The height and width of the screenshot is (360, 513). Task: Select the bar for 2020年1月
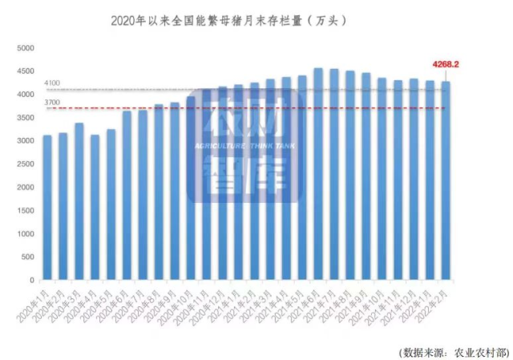click(x=47, y=208)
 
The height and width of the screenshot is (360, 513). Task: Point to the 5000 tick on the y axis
click(x=26, y=48)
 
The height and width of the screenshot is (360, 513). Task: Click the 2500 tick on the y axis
click(x=26, y=164)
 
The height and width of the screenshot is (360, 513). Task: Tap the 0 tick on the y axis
click(x=32, y=281)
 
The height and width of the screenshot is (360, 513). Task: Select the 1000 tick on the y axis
click(x=26, y=234)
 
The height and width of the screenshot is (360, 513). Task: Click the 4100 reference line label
click(x=52, y=83)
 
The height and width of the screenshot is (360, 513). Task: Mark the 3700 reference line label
click(x=52, y=103)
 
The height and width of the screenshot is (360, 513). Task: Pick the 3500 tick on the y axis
click(x=26, y=118)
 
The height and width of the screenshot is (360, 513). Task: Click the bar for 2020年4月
click(x=95, y=208)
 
